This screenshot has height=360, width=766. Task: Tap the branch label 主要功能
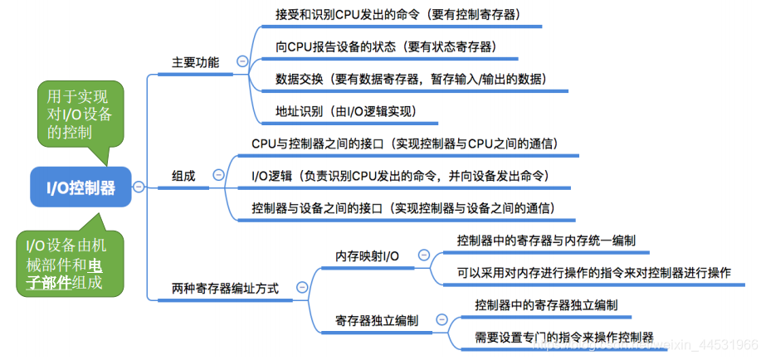195,62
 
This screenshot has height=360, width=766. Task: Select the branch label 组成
183,176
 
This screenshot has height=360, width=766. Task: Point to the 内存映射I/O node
367,255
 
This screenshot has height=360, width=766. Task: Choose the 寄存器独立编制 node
376,320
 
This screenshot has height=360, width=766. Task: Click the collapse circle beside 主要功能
242,61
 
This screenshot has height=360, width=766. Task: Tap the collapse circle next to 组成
218,175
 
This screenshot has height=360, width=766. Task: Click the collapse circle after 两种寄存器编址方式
301,288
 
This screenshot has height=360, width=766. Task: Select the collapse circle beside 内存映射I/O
424,255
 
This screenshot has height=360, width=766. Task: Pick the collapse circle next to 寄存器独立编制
442,319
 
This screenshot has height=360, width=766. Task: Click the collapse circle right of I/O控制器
138,187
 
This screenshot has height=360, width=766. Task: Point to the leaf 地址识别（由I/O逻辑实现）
345,110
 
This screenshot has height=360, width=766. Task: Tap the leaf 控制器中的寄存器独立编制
546,304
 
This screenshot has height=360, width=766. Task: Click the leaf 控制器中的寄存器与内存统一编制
546,241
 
